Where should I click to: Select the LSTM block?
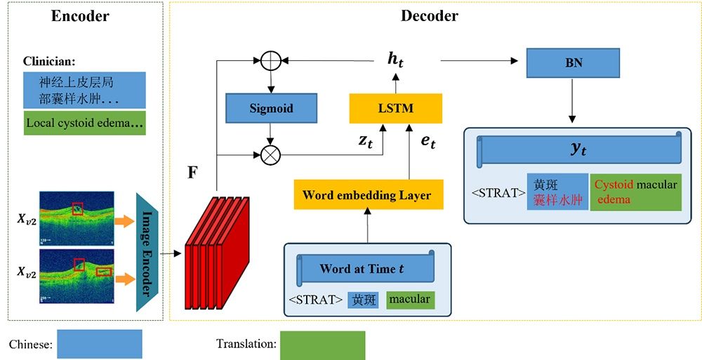point(395,109)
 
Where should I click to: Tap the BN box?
point(573,63)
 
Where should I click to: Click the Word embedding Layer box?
point(369,194)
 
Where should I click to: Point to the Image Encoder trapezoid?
point(149,251)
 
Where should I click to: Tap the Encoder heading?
point(80,16)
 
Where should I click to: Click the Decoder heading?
point(429,16)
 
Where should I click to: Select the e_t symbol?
point(428,142)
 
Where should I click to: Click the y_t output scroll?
point(580,149)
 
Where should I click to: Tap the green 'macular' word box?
point(409,300)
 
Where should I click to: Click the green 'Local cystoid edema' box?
point(85,124)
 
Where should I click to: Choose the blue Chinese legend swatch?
point(99,344)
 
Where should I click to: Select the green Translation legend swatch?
point(322,345)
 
